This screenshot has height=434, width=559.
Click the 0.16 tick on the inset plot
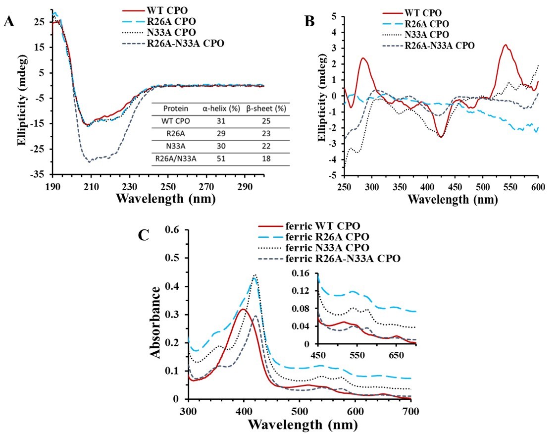coord(305,273)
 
